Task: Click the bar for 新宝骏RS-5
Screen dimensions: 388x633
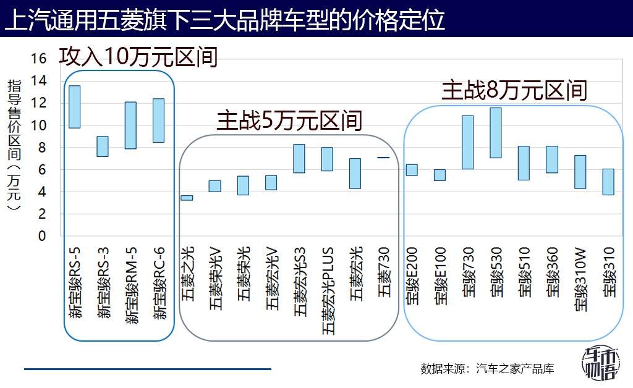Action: tap(74, 107)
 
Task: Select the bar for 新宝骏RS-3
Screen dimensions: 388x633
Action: tap(103, 146)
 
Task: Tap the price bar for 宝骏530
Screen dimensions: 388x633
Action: tap(495, 133)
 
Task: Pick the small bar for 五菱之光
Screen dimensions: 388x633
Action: tap(187, 198)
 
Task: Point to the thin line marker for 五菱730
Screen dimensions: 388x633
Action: tap(383, 158)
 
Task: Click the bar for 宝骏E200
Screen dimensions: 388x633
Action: tap(411, 170)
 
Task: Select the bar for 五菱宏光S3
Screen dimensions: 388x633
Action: tap(299, 158)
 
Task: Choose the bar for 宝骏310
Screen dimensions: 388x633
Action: tap(608, 182)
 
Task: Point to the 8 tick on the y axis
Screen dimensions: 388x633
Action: tap(42, 147)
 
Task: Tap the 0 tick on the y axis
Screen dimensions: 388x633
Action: tap(42, 236)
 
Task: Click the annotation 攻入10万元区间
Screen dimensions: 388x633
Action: tap(139, 57)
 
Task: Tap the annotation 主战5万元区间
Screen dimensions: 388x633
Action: tap(289, 121)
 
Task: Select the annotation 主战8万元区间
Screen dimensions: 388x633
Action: tap(514, 91)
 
